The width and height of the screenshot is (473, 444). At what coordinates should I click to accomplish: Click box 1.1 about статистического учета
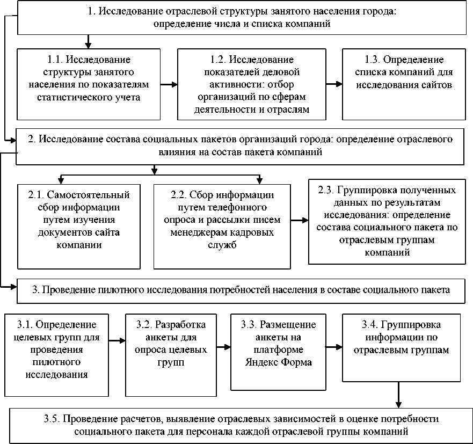89,84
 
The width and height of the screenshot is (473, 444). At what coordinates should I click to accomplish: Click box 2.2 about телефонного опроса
221,226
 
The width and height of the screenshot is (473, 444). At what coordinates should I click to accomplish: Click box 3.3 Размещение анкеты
274,350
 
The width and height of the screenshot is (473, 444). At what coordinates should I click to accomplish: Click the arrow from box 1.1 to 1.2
169,85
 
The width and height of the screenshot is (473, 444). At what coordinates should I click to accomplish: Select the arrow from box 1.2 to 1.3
334,85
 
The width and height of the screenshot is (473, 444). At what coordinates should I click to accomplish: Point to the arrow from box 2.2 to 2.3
299,220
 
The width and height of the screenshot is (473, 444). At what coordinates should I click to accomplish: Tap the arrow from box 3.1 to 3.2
117,340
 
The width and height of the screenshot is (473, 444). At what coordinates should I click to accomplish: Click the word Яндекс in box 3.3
260,361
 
